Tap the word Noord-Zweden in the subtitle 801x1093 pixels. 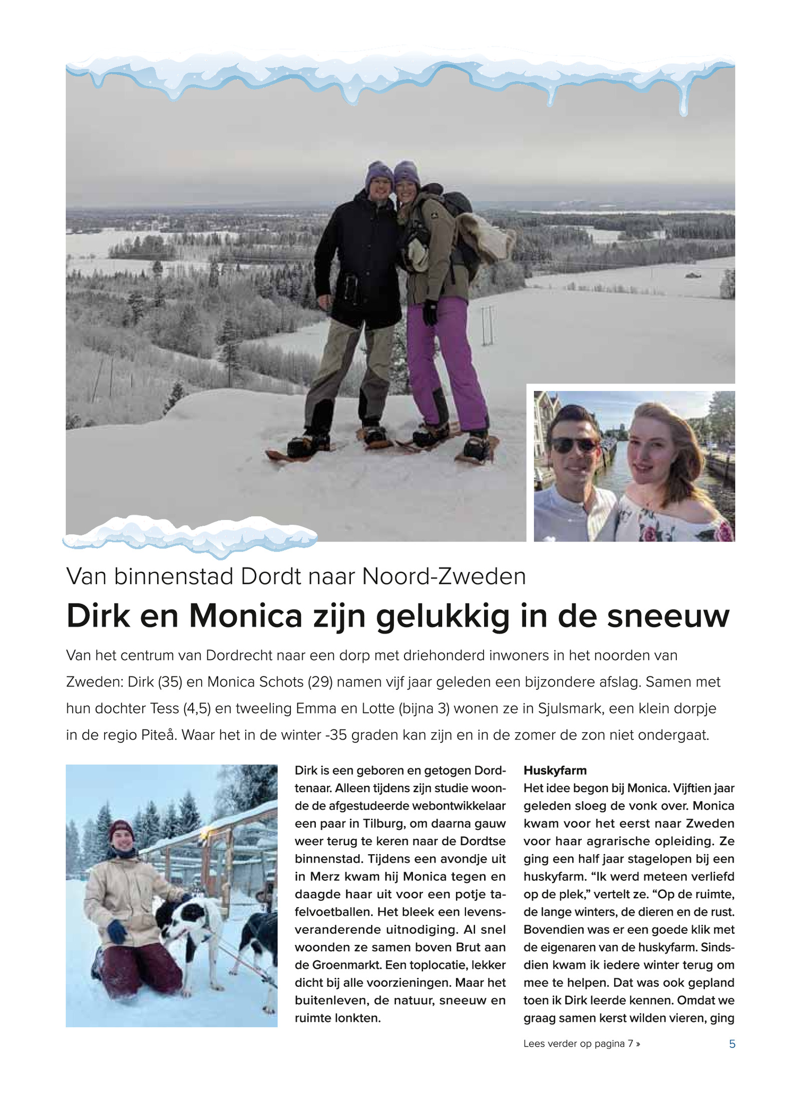click(444, 577)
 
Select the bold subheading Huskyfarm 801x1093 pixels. click(555, 770)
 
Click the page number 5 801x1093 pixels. click(732, 1043)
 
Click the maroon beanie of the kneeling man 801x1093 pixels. click(121, 829)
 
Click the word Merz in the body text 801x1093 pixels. click(326, 876)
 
